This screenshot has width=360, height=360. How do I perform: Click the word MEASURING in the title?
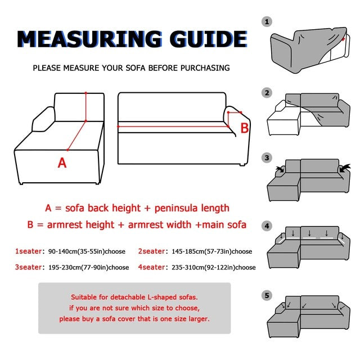click(x=90, y=39)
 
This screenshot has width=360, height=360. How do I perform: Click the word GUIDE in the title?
click(x=209, y=39)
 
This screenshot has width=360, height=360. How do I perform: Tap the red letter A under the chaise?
click(x=62, y=163)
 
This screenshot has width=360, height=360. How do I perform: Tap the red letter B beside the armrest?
click(x=245, y=128)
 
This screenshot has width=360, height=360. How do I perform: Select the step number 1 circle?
click(x=267, y=22)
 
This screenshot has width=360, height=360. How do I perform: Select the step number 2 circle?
click(x=267, y=93)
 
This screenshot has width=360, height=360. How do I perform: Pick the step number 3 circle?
click(x=267, y=158)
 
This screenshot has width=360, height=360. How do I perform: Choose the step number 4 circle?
click(x=267, y=226)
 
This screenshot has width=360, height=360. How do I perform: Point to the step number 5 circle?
click(x=267, y=295)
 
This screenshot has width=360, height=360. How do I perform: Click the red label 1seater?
click(x=29, y=251)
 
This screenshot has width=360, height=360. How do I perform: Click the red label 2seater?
click(x=151, y=251)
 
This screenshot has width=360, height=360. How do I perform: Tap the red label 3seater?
click(x=29, y=267)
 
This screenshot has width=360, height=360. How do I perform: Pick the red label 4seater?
click(x=151, y=267)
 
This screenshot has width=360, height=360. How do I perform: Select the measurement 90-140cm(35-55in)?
click(x=76, y=251)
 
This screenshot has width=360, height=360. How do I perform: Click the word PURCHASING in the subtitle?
click(x=205, y=68)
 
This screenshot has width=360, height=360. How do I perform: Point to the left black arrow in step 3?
click(x=280, y=169)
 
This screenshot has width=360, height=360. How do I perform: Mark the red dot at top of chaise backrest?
click(x=86, y=93)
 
